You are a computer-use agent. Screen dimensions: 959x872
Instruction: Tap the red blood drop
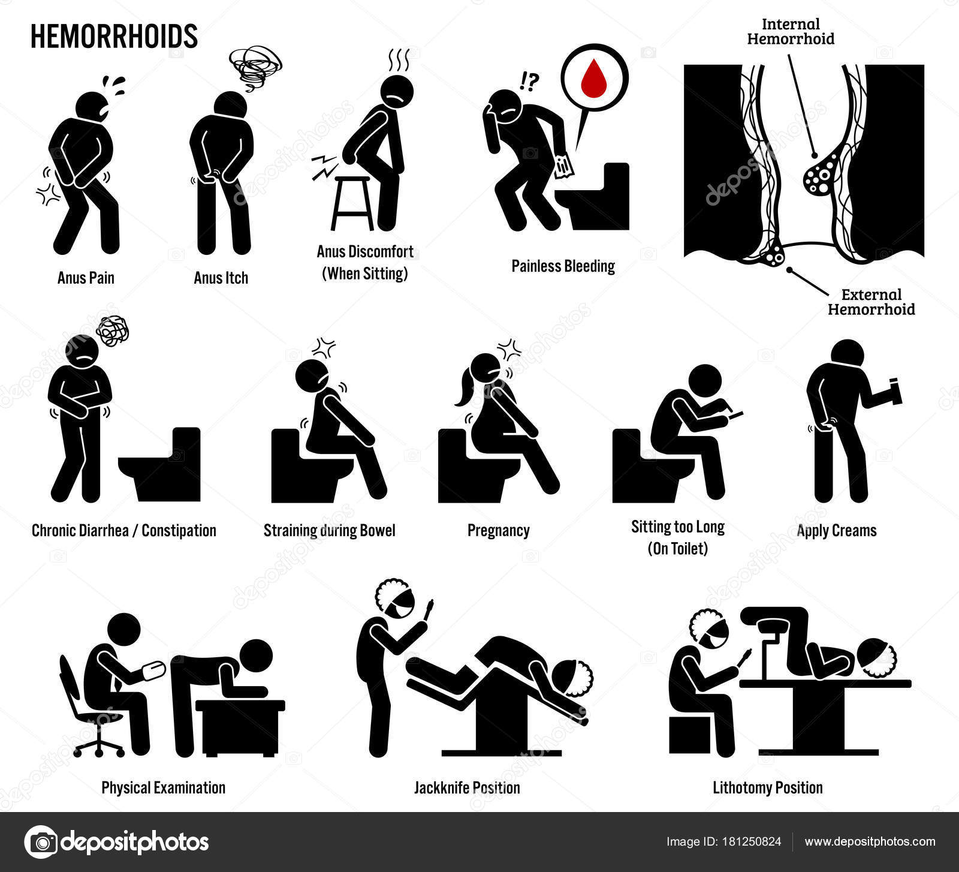click(x=595, y=75)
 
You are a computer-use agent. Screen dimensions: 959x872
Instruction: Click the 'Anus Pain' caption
click(x=86, y=278)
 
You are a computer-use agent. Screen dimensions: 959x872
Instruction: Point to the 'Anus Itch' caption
click(x=221, y=278)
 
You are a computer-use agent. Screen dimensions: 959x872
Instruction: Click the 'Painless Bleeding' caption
click(x=563, y=266)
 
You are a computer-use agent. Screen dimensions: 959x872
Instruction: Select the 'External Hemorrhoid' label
click(x=871, y=302)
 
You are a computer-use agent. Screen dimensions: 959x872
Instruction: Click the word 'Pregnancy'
click(x=498, y=531)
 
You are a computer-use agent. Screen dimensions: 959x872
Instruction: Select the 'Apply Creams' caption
click(x=836, y=531)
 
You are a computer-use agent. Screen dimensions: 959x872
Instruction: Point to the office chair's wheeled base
click(x=99, y=744)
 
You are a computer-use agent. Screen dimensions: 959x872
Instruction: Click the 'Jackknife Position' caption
click(x=467, y=787)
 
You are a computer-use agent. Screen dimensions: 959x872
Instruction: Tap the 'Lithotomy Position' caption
click(x=767, y=787)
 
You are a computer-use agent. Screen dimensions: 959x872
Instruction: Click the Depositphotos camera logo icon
click(x=41, y=842)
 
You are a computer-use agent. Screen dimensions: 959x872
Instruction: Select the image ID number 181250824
click(x=750, y=841)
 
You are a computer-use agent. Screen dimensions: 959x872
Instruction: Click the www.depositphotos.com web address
click(x=870, y=841)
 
